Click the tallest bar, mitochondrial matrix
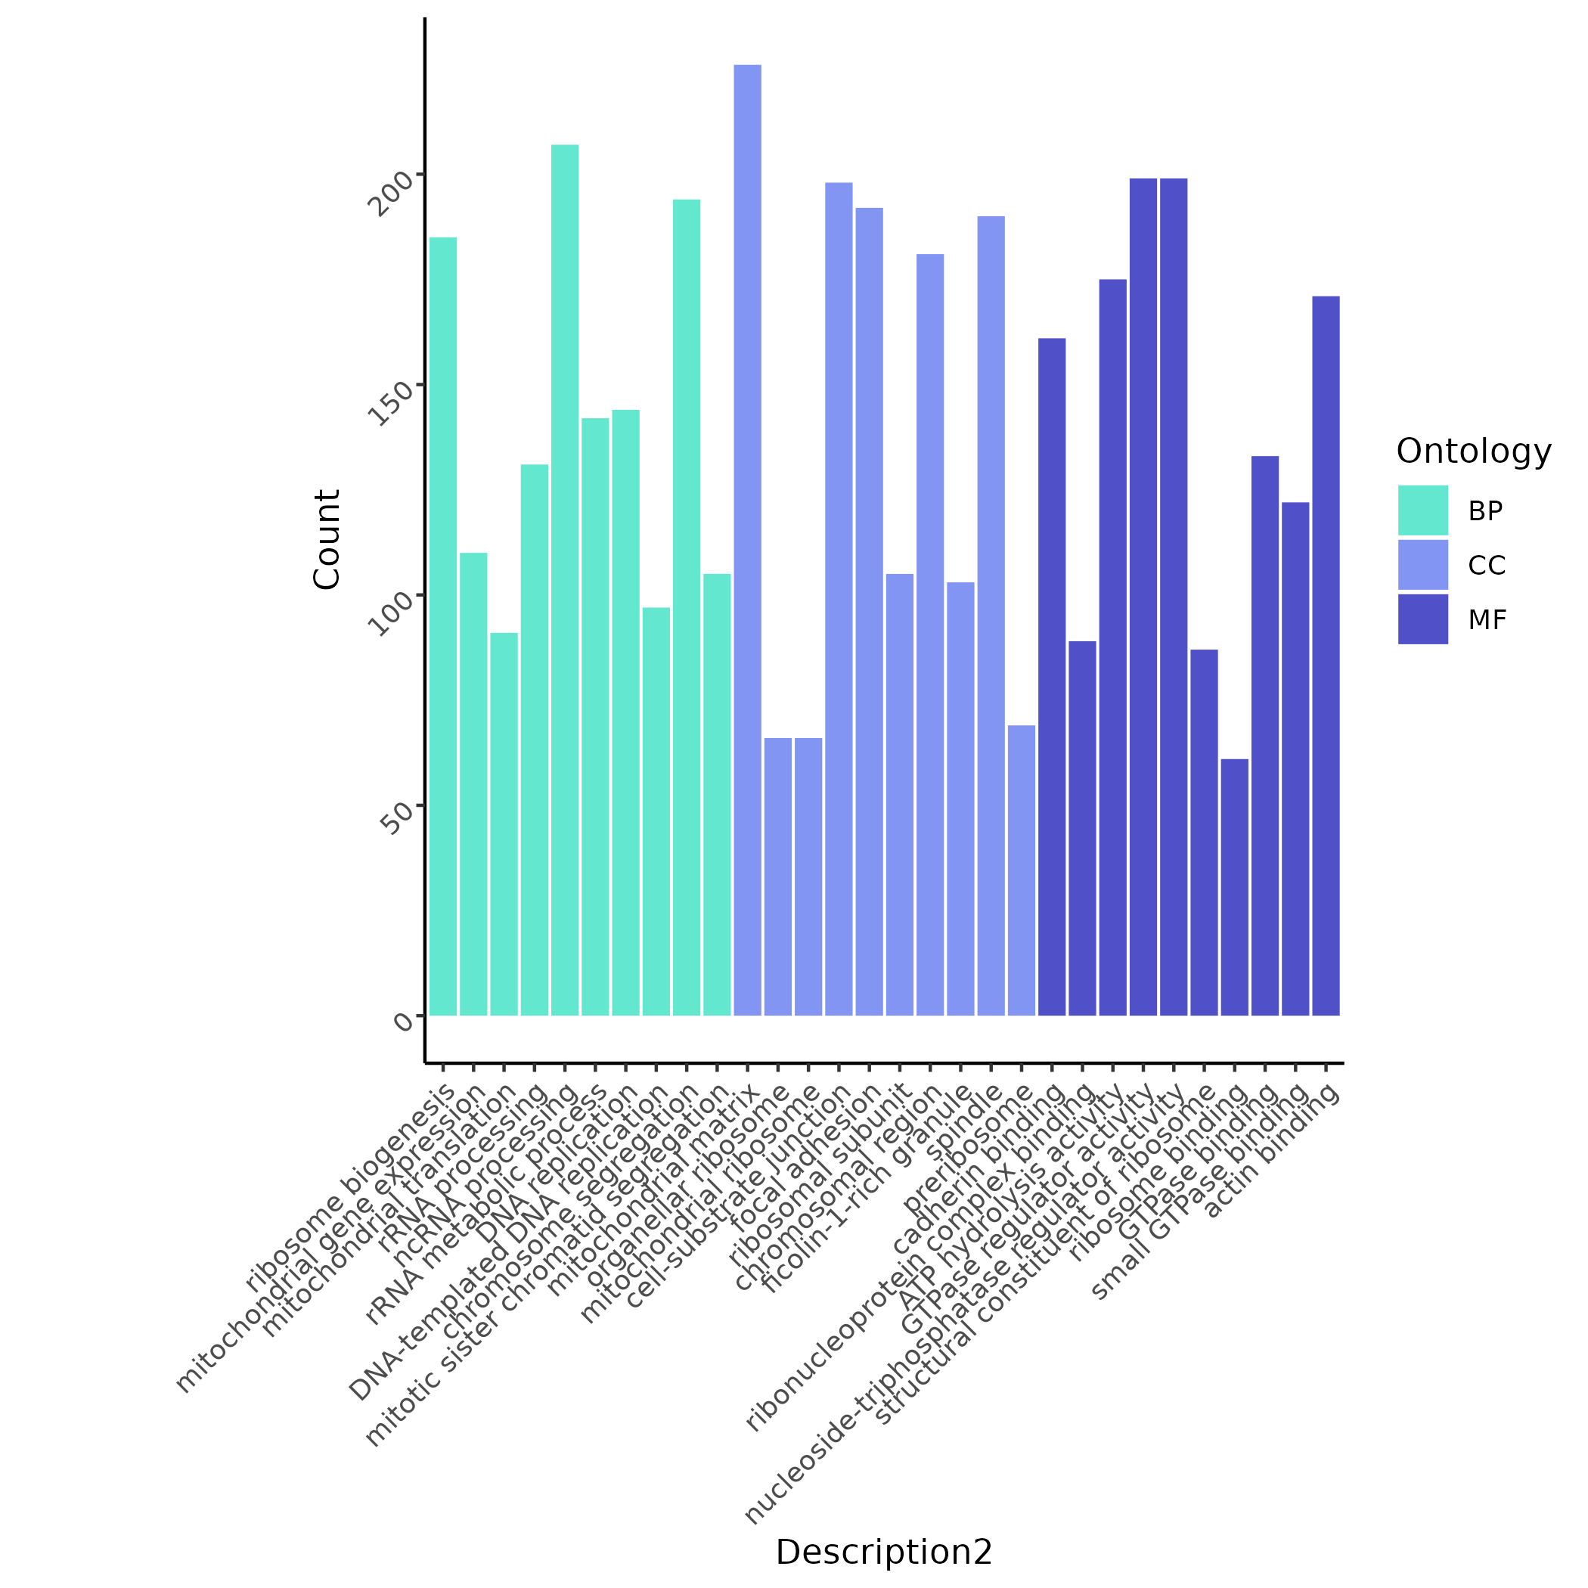tap(747, 540)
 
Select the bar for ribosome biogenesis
tap(443, 626)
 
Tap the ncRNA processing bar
tap(565, 580)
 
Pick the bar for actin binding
tap(1326, 656)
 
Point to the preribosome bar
tap(1022, 870)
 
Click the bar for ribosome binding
tap(1235, 888)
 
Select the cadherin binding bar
tap(1052, 678)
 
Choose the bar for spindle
tap(991, 616)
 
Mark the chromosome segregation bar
tap(687, 607)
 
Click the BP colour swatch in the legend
tap(1423, 510)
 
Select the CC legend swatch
tap(1423, 565)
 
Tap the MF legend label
tap(1487, 620)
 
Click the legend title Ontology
tap(1473, 451)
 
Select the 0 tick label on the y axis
tap(403, 1021)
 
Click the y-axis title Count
tap(327, 539)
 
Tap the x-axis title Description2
tap(883, 1552)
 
